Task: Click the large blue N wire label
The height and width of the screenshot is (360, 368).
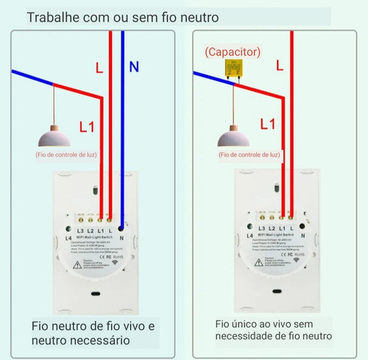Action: pos(133,67)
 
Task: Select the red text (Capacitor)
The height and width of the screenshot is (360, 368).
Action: pos(232,52)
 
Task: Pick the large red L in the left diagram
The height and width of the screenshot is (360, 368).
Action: pos(99,68)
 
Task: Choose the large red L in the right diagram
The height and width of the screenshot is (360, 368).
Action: pos(280,65)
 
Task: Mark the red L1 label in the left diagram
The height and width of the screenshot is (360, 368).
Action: pos(86,127)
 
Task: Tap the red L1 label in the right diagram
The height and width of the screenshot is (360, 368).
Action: pos(269,124)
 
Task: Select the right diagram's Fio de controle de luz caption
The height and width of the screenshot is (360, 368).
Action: pos(250,156)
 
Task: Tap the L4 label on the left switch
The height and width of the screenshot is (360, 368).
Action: pos(68,237)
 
